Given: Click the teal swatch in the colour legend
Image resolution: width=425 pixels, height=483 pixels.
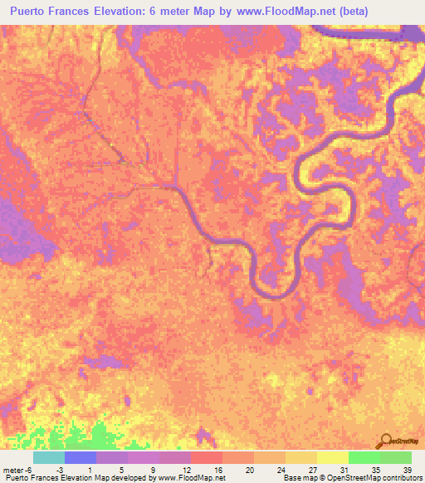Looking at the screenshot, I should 49,457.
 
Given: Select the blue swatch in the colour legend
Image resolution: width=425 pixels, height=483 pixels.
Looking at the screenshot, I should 81,457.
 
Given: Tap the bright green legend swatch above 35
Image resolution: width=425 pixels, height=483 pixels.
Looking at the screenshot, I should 364,457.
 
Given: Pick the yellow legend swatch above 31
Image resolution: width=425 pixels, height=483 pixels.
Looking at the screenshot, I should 333,457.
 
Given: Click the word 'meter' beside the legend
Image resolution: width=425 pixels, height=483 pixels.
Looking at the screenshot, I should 13,469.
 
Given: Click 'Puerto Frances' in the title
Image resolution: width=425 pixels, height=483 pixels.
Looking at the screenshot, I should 49,10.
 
